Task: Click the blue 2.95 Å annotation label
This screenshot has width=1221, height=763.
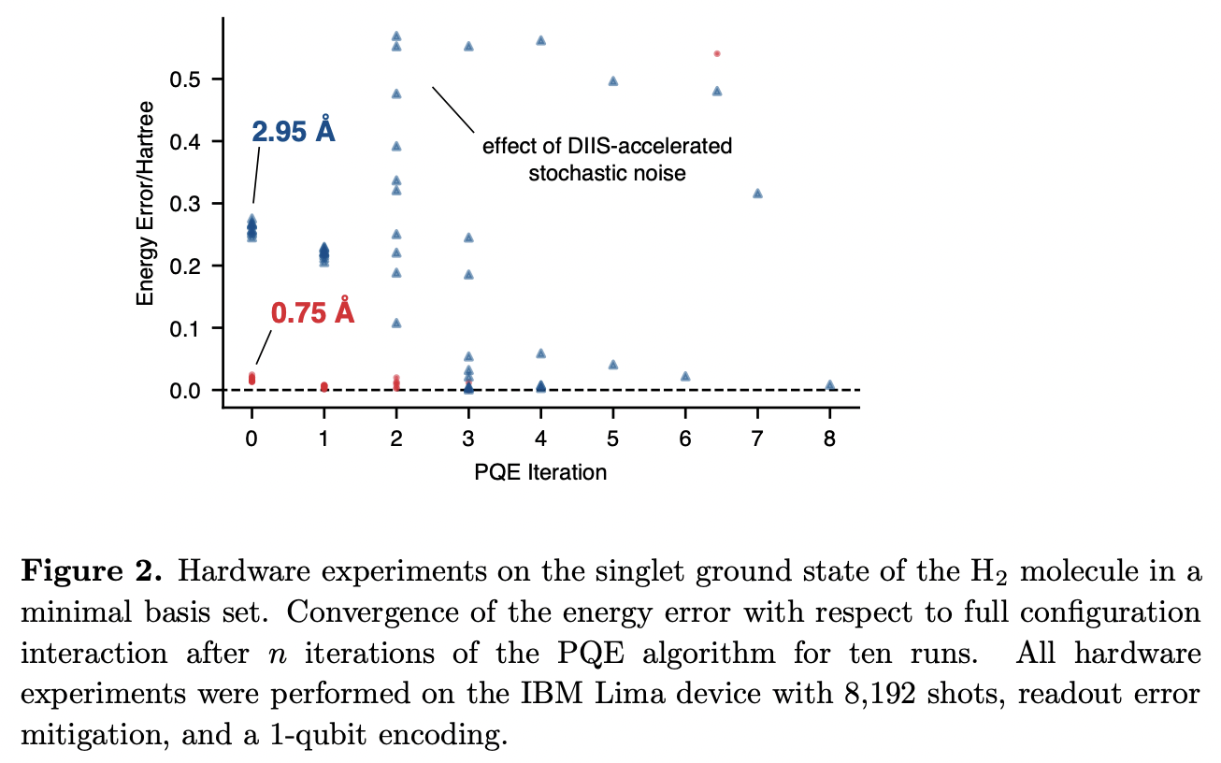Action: coord(294,132)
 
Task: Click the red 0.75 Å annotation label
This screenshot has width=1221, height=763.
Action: coord(312,312)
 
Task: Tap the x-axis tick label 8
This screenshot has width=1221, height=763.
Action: coord(830,438)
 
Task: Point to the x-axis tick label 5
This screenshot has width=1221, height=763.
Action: coord(613,438)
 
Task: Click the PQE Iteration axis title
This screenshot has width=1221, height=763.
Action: coord(540,472)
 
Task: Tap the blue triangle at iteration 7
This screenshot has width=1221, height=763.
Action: coord(757,194)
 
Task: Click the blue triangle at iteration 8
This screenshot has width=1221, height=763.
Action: coord(830,385)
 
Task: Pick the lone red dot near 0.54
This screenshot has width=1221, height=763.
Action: coord(717,53)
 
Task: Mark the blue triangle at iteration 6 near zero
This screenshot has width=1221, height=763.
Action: coord(685,376)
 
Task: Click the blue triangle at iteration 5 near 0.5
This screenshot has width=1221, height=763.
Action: coord(613,81)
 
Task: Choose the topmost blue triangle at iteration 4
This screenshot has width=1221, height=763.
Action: coord(540,40)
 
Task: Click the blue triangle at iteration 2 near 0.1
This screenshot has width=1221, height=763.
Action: coord(396,323)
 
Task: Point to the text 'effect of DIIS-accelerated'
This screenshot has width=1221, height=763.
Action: coord(607,147)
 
